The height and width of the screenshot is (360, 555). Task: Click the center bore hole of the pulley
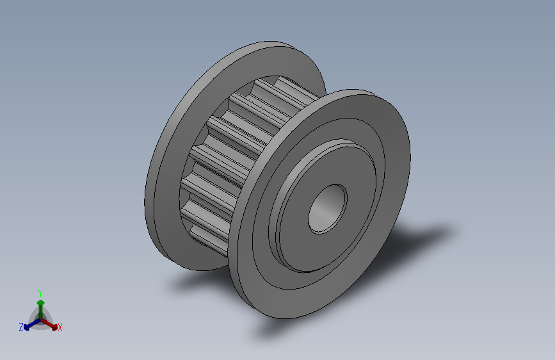327,209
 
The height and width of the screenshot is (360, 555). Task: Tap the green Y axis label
40,293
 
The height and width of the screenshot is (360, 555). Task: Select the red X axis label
60,327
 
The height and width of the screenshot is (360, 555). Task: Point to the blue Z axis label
21,327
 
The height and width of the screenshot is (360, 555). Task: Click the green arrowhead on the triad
41,303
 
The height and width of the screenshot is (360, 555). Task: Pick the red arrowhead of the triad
54,327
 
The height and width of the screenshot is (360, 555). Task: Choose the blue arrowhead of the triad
26,327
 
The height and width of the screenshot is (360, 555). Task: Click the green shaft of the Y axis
41,313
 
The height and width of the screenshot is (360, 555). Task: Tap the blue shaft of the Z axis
35,323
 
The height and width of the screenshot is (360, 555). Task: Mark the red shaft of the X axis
47,323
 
